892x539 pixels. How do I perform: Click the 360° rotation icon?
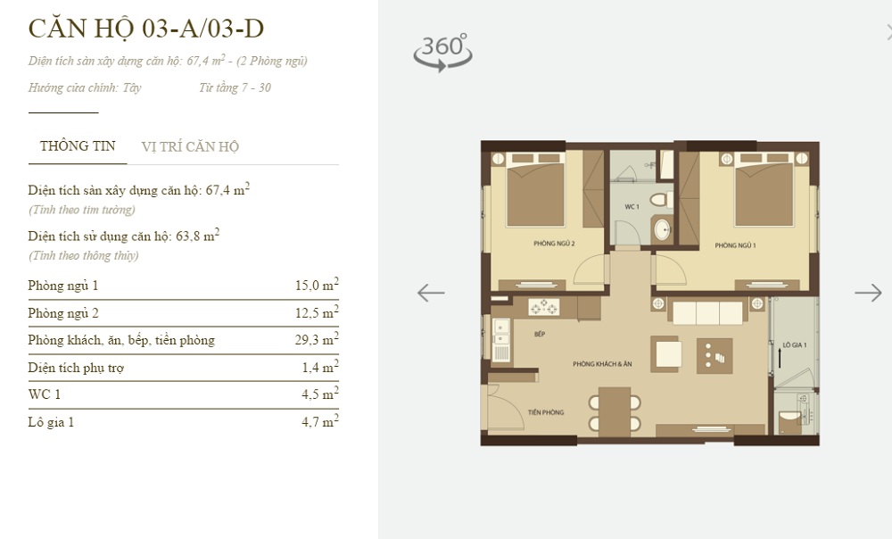pos(442,53)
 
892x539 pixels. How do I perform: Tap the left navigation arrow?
pos(431,293)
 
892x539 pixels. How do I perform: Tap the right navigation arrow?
pos(868,293)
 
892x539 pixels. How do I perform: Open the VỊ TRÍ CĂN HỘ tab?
pos(190,147)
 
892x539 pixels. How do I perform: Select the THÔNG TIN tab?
pos(78,146)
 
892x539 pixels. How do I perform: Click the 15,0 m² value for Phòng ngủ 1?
pos(317,284)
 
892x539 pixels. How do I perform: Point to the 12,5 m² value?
pos(317,312)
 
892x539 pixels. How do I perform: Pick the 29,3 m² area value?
pos(317,338)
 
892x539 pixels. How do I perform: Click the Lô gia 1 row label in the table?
pos(51,422)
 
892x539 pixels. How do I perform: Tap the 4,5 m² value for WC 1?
pos(320,394)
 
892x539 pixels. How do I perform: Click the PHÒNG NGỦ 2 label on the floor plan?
pos(554,244)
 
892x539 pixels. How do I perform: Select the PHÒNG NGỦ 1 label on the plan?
pos(736,246)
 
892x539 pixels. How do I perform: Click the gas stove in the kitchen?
pos(544,308)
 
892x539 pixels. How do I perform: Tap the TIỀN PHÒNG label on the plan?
pos(546,412)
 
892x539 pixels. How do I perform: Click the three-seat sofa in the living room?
pos(707,312)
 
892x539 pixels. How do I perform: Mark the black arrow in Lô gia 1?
pos(780,357)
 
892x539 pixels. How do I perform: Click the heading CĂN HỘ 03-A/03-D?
pos(146,29)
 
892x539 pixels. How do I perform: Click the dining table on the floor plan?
pos(615,412)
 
